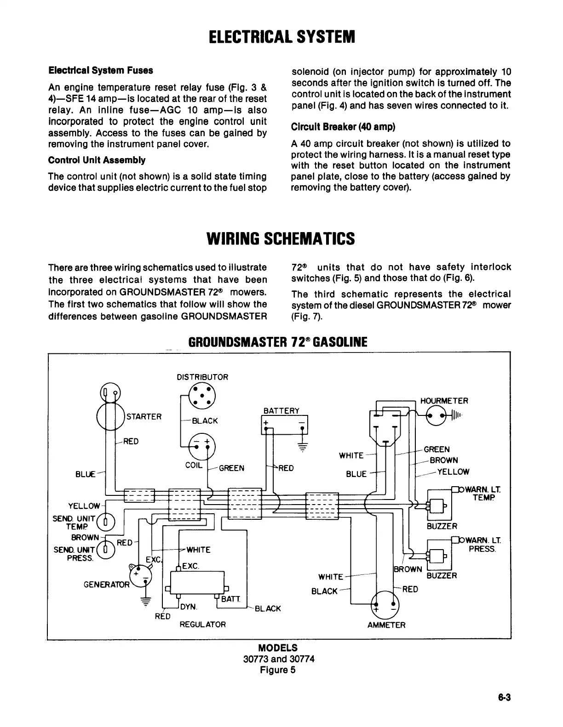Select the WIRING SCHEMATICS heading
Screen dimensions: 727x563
[281, 239]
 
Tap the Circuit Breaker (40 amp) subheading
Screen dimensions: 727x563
[343, 126]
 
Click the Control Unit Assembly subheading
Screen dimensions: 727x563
[97, 160]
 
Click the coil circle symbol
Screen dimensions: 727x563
[202, 446]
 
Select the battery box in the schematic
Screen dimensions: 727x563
[284, 425]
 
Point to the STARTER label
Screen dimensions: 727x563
[144, 417]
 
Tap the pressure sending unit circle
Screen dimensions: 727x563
[105, 550]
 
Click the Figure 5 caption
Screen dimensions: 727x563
[278, 670]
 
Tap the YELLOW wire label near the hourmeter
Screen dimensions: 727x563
[453, 471]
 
